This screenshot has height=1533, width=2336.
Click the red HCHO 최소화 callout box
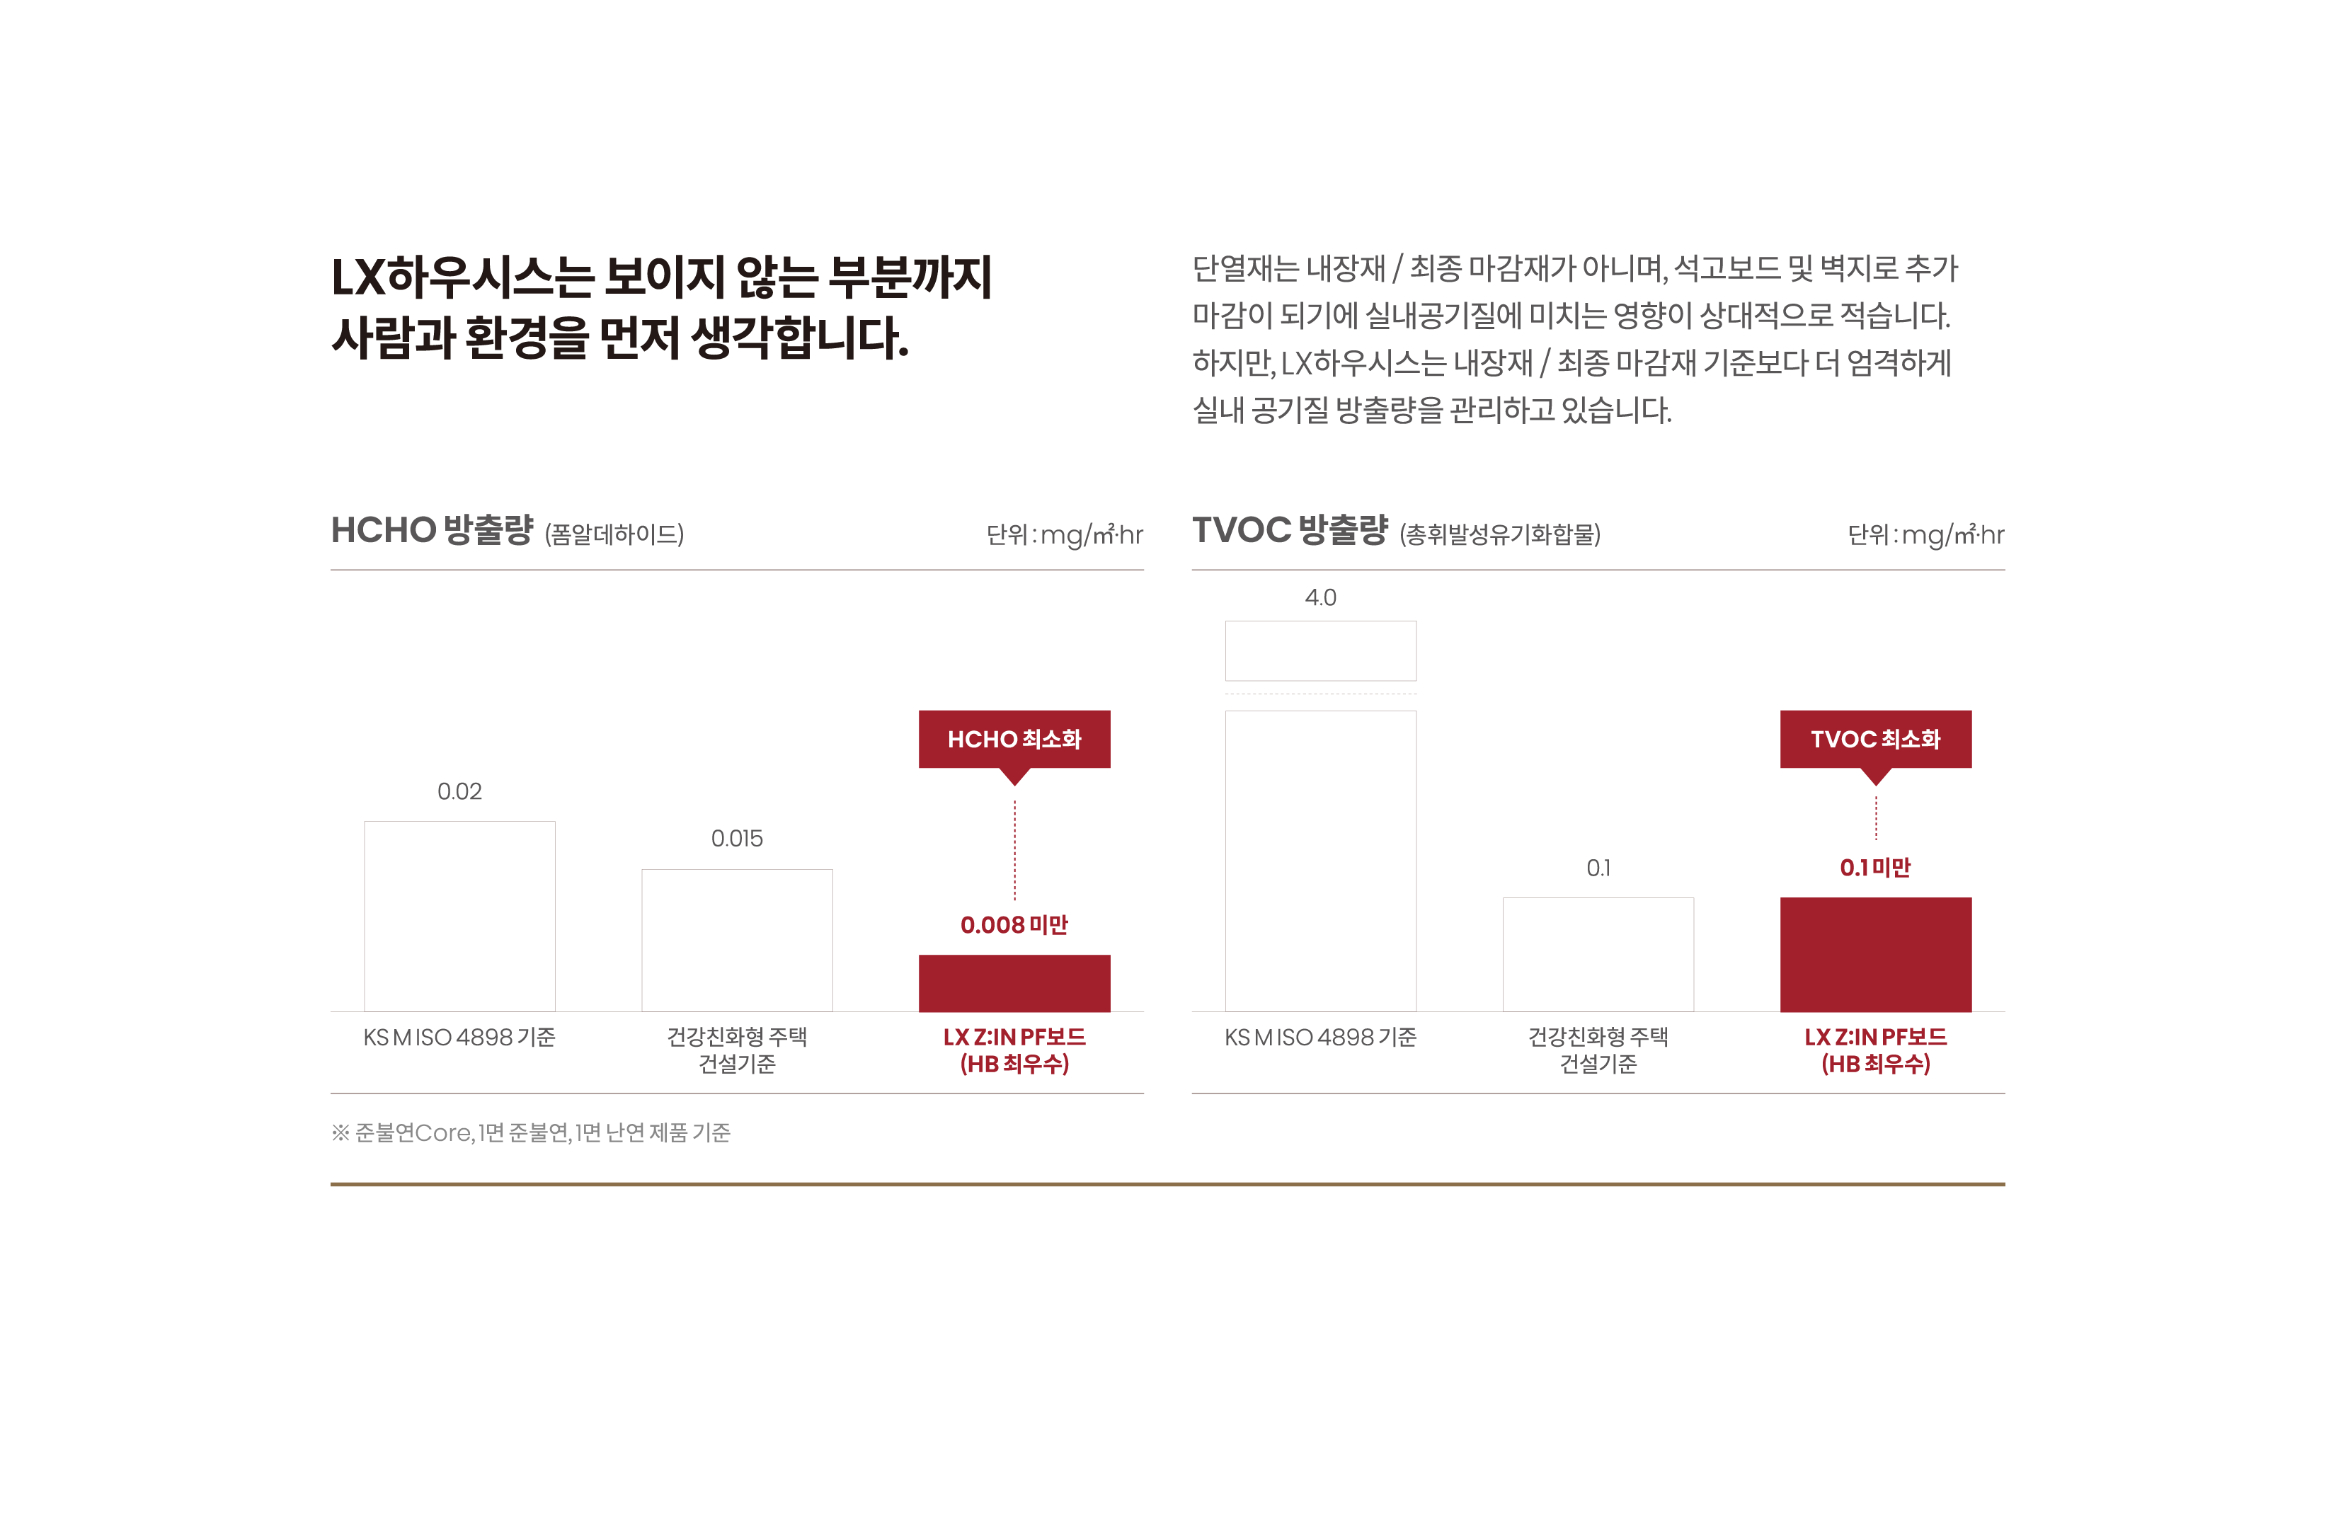click(1014, 739)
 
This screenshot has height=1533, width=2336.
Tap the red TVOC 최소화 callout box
click(1874, 739)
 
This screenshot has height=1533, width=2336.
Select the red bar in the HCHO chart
click(1014, 982)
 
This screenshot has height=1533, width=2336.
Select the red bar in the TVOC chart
click(1874, 954)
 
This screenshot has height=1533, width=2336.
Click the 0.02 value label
click(459, 791)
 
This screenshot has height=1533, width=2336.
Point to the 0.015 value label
click(736, 838)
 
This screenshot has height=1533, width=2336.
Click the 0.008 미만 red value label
click(1014, 924)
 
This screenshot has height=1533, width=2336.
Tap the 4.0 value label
click(1320, 597)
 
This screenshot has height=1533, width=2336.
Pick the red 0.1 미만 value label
click(1874, 868)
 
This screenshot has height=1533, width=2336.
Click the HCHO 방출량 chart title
click(432, 530)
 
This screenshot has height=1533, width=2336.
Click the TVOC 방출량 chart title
click(1290, 530)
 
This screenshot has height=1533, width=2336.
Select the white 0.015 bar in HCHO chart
click(736, 939)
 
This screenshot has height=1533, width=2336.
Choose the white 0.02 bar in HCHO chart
click(459, 916)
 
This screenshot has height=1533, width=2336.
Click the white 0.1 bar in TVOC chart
click(1598, 954)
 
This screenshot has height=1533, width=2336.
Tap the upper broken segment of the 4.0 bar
click(1320, 650)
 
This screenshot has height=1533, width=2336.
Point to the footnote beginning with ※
click(531, 1132)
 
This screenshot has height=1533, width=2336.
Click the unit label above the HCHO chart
click(1064, 535)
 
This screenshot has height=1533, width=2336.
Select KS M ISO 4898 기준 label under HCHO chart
click(459, 1038)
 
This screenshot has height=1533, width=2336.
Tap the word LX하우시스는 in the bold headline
click(462, 277)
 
